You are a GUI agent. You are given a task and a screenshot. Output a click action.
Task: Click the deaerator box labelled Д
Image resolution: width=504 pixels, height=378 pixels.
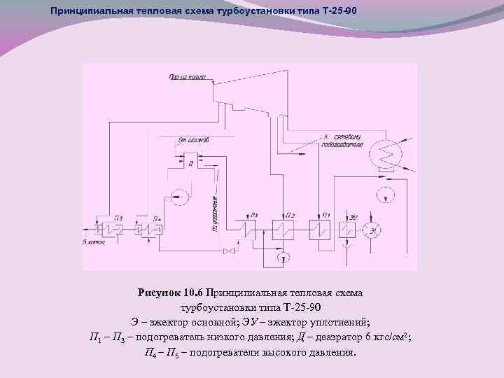(x=190, y=162)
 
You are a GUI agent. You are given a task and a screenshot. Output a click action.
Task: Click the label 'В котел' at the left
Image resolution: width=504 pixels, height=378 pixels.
(x=92, y=241)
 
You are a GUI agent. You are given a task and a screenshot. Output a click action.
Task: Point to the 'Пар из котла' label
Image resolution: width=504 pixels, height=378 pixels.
(x=187, y=78)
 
